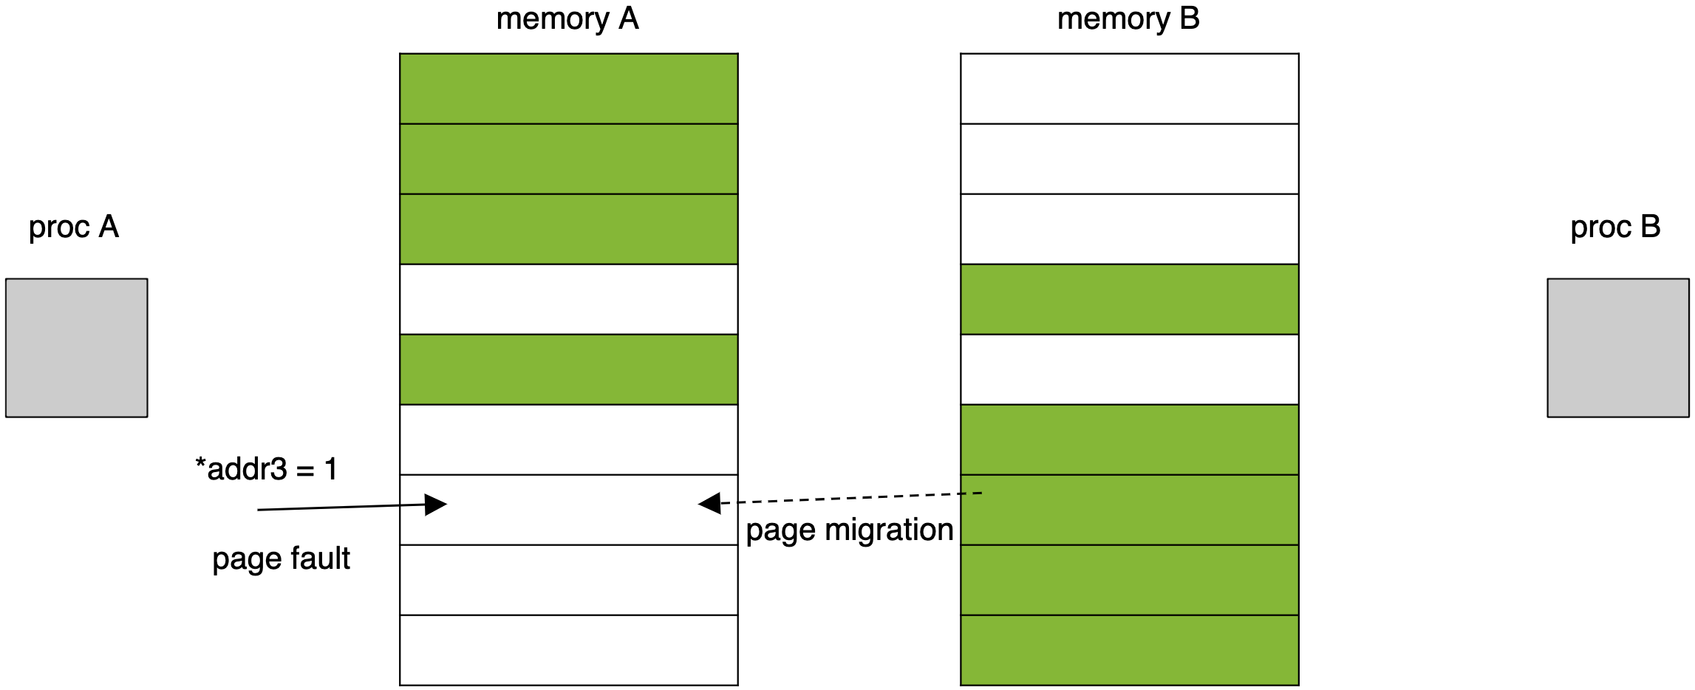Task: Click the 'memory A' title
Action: [x=567, y=19]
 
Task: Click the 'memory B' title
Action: [x=1128, y=19]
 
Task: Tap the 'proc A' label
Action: [x=74, y=228]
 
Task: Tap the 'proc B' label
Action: [x=1616, y=228]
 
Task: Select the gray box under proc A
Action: [x=77, y=348]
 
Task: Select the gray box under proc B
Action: [x=1618, y=348]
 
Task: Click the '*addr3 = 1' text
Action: [x=267, y=469]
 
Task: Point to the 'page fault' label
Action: [x=281, y=559]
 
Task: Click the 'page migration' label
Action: [x=850, y=530]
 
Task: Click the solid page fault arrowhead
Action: [x=436, y=505]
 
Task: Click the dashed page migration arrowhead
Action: [x=709, y=503]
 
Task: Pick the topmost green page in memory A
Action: [x=569, y=89]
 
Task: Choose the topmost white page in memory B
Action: [x=1130, y=89]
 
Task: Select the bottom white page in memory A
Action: [x=569, y=650]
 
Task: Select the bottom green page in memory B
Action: [x=1130, y=650]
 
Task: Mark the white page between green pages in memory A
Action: [x=569, y=299]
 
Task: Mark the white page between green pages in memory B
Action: [x=1130, y=369]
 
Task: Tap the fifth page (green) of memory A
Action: [x=569, y=369]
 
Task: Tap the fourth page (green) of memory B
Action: [x=1130, y=299]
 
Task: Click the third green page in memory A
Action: [x=569, y=229]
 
